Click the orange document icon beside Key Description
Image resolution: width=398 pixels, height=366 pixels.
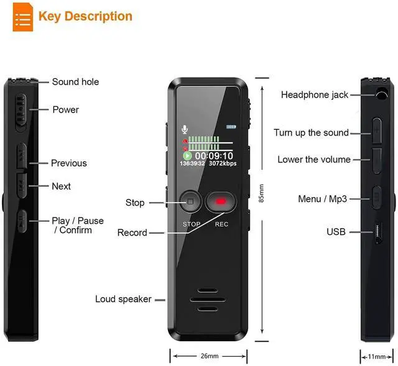point(23,17)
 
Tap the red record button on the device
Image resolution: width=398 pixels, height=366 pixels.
point(221,202)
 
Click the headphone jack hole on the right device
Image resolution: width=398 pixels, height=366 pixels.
point(381,94)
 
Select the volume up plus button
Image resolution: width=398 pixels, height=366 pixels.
point(377,130)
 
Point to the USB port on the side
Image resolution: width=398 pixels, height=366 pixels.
point(378,232)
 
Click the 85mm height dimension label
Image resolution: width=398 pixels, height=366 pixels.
point(261,193)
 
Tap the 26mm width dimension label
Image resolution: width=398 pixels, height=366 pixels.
point(210,356)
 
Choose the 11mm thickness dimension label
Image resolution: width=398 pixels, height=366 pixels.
point(377,357)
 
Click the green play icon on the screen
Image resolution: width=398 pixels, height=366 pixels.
point(187,156)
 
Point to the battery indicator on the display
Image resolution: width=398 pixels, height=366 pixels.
point(231,127)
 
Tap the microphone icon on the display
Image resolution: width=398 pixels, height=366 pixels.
point(185,129)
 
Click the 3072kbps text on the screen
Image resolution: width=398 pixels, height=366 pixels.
point(223,163)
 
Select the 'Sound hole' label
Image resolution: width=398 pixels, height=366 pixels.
point(75,81)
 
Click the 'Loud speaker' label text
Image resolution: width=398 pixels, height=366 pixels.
point(123,299)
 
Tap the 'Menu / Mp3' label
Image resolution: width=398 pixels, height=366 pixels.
point(322,199)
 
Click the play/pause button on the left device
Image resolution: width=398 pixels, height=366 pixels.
point(22,221)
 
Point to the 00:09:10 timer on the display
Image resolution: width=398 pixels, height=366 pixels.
point(214,155)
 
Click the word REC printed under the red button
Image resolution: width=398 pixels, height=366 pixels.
point(221,224)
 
